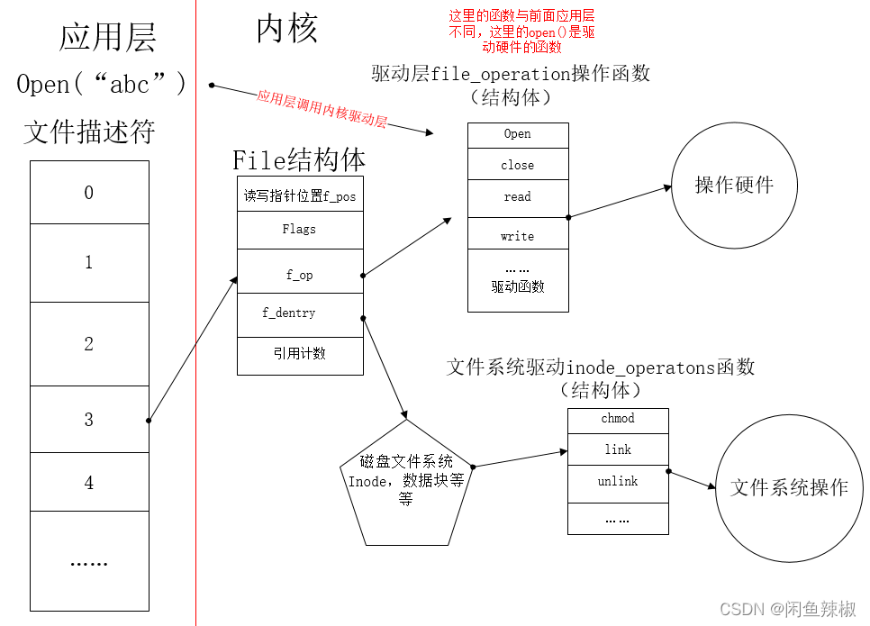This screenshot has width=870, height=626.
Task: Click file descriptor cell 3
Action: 88,419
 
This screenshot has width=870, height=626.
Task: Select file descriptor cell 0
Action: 88,192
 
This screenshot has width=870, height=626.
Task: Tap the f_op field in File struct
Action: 300,275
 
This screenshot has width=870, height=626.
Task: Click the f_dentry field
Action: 289,313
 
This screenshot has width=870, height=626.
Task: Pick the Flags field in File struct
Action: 300,229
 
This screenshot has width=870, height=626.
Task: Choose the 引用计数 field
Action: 300,353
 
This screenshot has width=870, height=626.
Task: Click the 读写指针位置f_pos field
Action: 300,195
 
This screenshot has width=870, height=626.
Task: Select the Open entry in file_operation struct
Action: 518,134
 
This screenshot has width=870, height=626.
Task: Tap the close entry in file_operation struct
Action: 518,165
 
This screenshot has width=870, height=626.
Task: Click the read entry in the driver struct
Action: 518,196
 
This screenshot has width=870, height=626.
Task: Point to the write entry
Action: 518,236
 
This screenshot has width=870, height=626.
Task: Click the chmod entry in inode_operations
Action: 618,419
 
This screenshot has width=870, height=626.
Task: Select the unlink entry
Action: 618,481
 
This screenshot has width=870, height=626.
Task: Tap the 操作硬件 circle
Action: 734,186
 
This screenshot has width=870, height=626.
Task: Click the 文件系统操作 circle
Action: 789,487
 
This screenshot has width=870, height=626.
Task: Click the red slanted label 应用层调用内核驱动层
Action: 322,109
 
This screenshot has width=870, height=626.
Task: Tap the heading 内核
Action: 286,30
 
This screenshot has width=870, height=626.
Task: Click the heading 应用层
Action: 107,38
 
